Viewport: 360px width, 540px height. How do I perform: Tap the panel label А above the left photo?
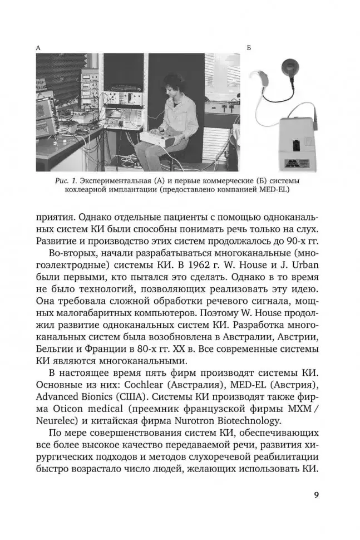pyautogui.click(x=38, y=48)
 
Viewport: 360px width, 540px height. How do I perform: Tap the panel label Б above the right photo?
pyautogui.click(x=249, y=48)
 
